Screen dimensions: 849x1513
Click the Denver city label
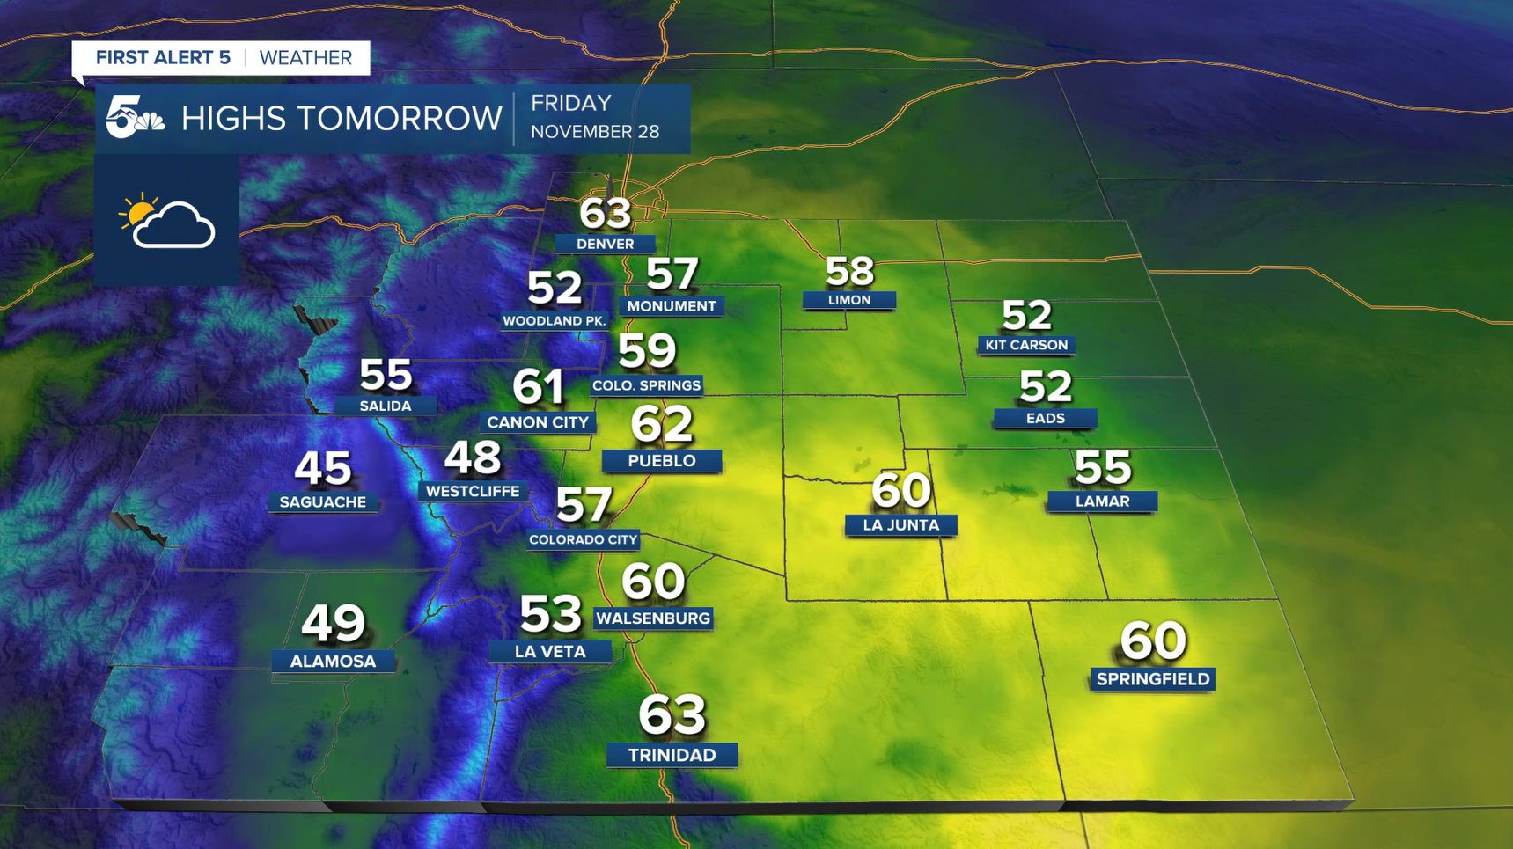coord(605,244)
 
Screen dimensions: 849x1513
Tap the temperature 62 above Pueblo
coord(662,425)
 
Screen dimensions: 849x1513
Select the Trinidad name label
coord(672,755)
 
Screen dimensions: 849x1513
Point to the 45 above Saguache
coord(323,468)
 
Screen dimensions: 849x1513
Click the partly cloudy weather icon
coord(166,222)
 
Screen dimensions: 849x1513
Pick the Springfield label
coord(1152,679)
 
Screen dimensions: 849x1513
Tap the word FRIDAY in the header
coord(570,103)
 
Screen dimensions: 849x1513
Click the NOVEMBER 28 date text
coord(595,132)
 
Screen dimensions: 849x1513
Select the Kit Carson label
coord(1026,345)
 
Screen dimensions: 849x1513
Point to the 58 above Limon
coord(849,272)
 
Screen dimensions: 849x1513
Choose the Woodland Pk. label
coord(555,321)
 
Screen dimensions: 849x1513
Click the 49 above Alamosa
coord(333,624)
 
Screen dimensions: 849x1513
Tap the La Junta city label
coord(900,525)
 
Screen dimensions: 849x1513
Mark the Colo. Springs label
coord(646,385)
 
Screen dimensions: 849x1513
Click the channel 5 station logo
coord(134,118)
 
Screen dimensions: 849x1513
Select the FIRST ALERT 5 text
coord(163,58)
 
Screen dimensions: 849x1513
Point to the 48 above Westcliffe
coord(473,458)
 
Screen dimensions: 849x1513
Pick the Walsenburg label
coord(652,618)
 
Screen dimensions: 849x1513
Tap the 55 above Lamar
coord(1102,468)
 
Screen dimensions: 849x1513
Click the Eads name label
coord(1045,418)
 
